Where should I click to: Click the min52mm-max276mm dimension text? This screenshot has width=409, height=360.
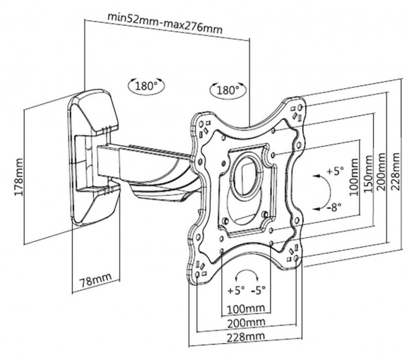coord(165,23)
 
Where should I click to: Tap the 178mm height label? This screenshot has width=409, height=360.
coord(19,177)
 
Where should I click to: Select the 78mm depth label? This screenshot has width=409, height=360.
coord(96,279)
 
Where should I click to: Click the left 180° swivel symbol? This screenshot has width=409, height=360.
coord(146,85)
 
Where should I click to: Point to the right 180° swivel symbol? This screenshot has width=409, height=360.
coord(228,90)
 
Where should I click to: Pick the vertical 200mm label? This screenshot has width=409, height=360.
coord(381,172)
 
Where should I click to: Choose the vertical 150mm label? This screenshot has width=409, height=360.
coord(368,174)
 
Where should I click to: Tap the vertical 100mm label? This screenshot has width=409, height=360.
coord(354,177)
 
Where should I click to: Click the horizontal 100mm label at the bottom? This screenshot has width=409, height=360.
coord(246,309)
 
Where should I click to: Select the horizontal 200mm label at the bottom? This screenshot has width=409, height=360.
coord(246,323)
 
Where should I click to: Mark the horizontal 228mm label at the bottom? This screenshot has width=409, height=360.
coord(246,337)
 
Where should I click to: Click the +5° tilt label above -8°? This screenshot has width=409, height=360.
coord(336,171)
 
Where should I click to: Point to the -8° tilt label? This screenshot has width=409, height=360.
coord(334,207)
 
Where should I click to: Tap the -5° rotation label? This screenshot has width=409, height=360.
coord(258,290)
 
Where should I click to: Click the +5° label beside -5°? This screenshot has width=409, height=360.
coord(236,290)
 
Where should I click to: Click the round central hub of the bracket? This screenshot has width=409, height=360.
coord(247,175)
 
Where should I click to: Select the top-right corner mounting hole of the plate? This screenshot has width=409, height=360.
coord(300,107)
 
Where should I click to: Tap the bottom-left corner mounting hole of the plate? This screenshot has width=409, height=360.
coord(197,275)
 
